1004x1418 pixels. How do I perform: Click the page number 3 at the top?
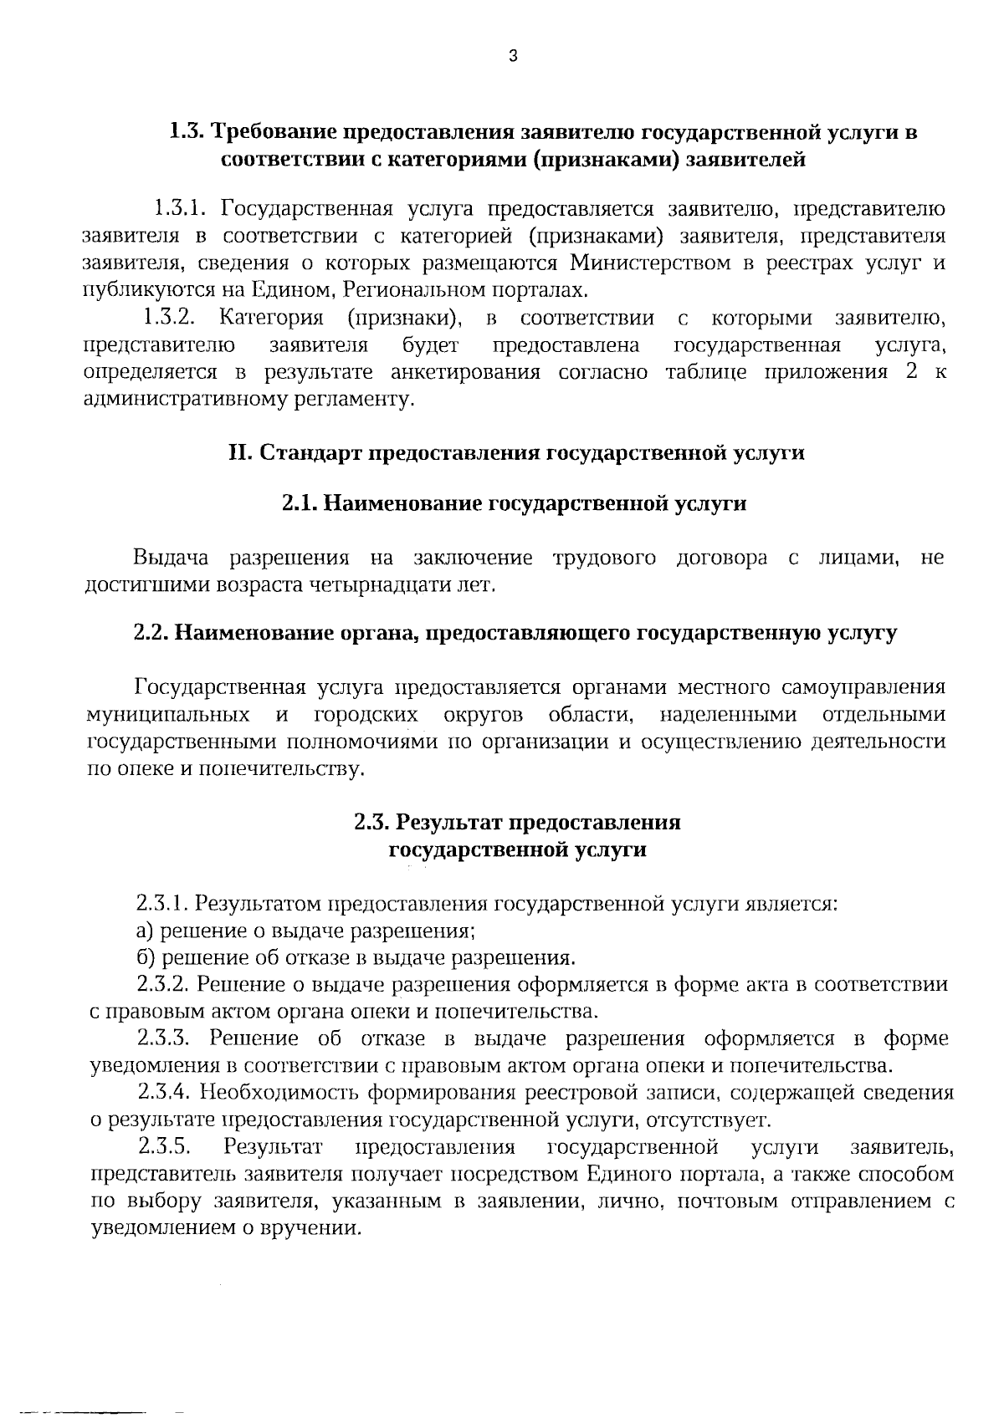point(513,57)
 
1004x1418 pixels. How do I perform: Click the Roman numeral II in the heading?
point(239,452)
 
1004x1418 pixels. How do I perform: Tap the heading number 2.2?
point(151,633)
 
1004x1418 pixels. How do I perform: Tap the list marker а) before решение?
point(146,931)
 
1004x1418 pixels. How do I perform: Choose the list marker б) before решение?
point(146,957)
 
